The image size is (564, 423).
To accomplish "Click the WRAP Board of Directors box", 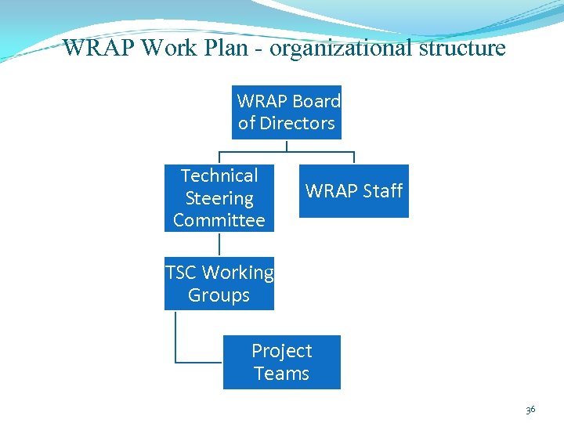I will (287, 112).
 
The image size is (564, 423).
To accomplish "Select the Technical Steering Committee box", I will (219, 198).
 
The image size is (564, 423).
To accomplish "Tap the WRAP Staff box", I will (354, 190).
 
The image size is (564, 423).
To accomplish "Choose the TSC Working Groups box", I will (219, 284).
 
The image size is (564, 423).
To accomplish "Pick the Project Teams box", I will (282, 362).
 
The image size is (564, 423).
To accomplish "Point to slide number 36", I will (530, 410).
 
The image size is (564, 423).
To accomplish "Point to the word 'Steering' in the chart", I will (219, 198).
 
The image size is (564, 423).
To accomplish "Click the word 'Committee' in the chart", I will (219, 220).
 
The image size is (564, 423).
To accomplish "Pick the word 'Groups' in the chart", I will (219, 295).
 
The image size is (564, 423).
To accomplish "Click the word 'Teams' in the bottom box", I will (282, 374).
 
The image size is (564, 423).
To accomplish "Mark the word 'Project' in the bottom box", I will (282, 351).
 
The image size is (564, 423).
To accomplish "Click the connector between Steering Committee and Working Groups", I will (219, 244).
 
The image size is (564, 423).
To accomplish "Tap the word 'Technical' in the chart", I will (219, 175).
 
